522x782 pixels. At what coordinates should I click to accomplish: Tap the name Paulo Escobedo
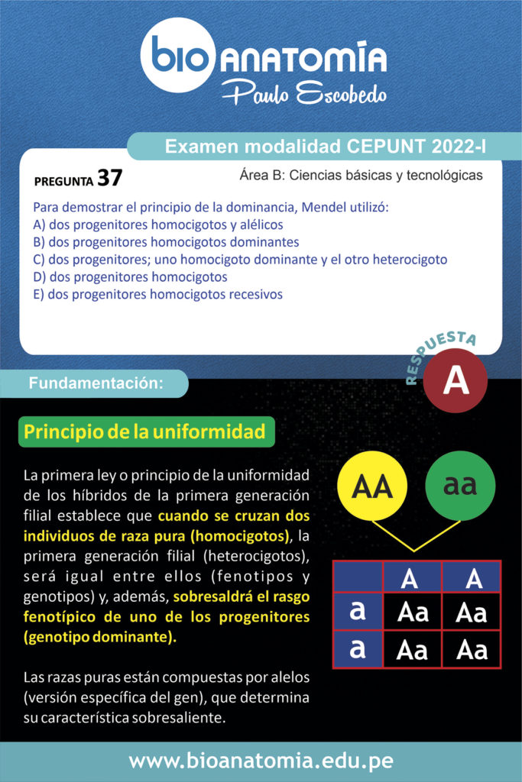[x=303, y=93]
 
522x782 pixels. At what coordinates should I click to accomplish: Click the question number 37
[x=109, y=178]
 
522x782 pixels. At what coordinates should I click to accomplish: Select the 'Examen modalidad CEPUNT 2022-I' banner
[x=326, y=146]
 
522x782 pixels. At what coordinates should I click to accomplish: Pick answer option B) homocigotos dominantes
[x=166, y=242]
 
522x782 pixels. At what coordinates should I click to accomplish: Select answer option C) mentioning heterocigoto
[x=240, y=260]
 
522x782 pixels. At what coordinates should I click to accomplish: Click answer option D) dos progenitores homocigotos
[x=130, y=276]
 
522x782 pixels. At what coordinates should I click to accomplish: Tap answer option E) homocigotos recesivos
[x=158, y=294]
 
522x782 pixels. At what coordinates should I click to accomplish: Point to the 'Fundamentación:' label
[x=96, y=384]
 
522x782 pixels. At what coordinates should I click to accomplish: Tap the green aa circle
[x=460, y=486]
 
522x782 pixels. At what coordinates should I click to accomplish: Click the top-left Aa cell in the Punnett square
[x=412, y=612]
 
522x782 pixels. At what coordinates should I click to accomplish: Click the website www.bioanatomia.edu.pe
[x=261, y=761]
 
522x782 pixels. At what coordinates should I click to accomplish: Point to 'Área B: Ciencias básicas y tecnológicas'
[x=361, y=175]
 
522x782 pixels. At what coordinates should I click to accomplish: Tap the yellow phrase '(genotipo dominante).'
[x=99, y=636]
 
